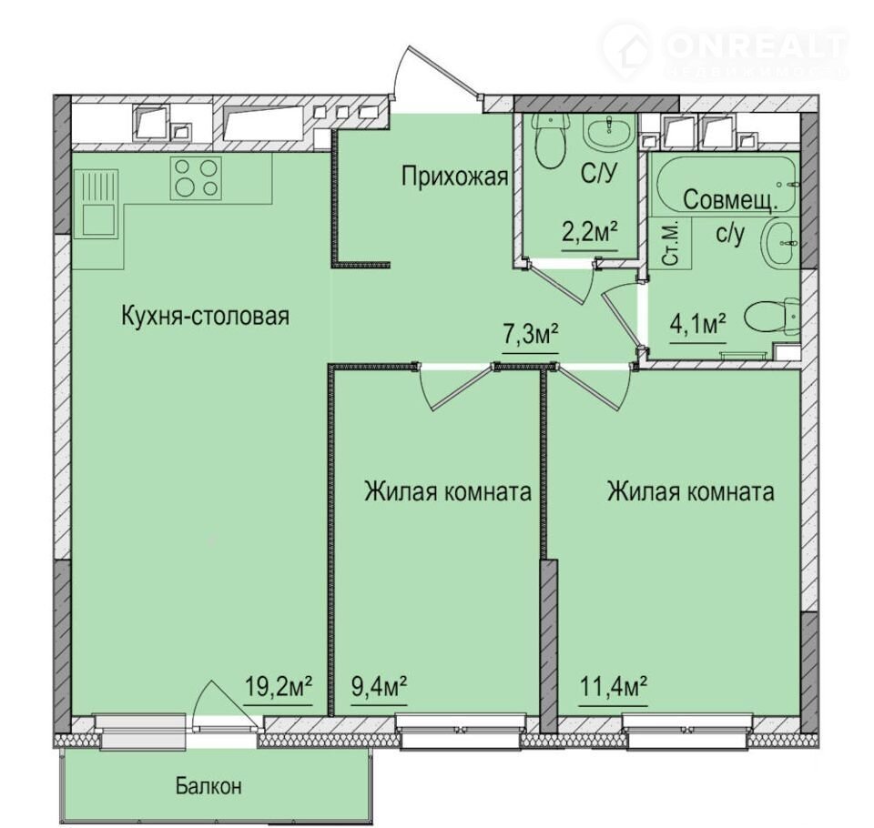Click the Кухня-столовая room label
tap(205, 317)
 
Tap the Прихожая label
tap(455, 177)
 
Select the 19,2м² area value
tap(279, 686)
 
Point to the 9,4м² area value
tap(379, 686)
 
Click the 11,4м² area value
tap(613, 686)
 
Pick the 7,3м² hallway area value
tap(531, 335)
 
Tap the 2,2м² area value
tap(591, 233)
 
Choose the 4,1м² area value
tap(698, 324)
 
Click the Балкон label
tap(209, 786)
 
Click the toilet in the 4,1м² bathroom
tap(773, 318)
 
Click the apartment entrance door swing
tap(430, 74)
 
